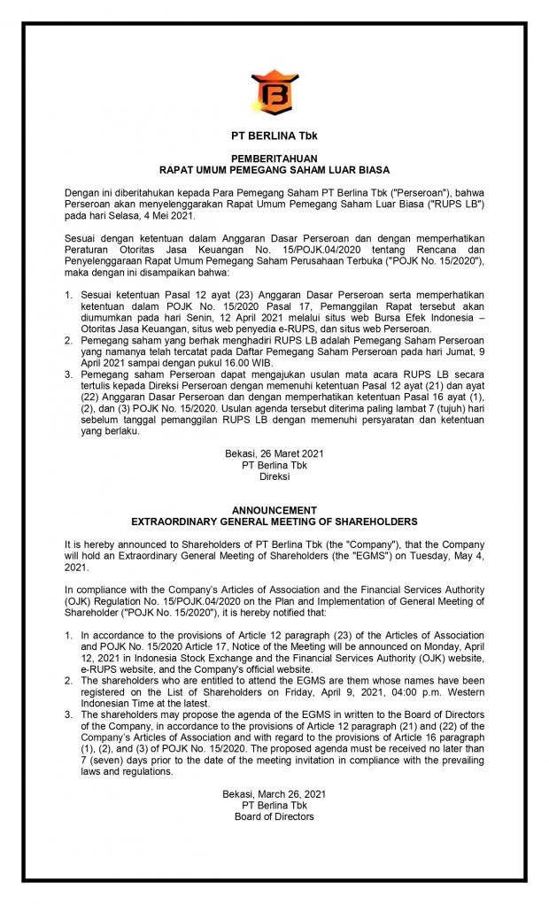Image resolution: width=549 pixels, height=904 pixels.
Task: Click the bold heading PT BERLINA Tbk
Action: point(274,136)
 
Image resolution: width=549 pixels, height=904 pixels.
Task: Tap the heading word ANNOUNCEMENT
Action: point(274,511)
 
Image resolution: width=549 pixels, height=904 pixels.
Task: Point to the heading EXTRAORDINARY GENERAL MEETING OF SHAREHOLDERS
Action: point(274,522)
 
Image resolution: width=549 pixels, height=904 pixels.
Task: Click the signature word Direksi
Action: point(274,475)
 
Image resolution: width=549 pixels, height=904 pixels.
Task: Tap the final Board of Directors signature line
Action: point(274,816)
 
